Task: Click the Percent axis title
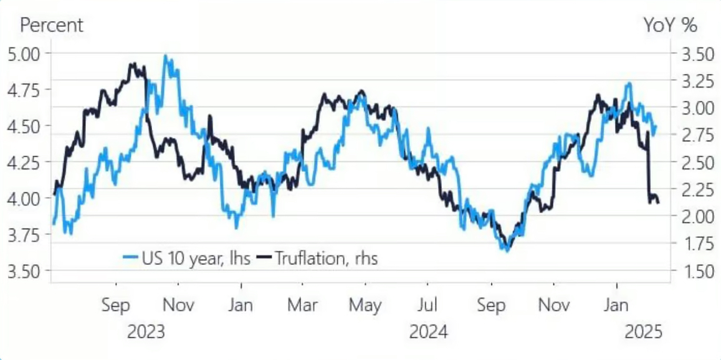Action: (52, 26)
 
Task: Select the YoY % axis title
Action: (670, 26)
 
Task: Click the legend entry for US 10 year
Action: (188, 258)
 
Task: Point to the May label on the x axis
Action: (365, 306)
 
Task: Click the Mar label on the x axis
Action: (302, 306)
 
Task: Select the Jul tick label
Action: (427, 306)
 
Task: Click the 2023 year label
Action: (146, 332)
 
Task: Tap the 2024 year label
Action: (428, 332)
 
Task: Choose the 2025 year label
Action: (642, 332)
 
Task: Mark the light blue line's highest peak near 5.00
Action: (165, 56)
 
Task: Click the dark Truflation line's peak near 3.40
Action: (132, 64)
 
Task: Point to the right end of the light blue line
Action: (656, 126)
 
